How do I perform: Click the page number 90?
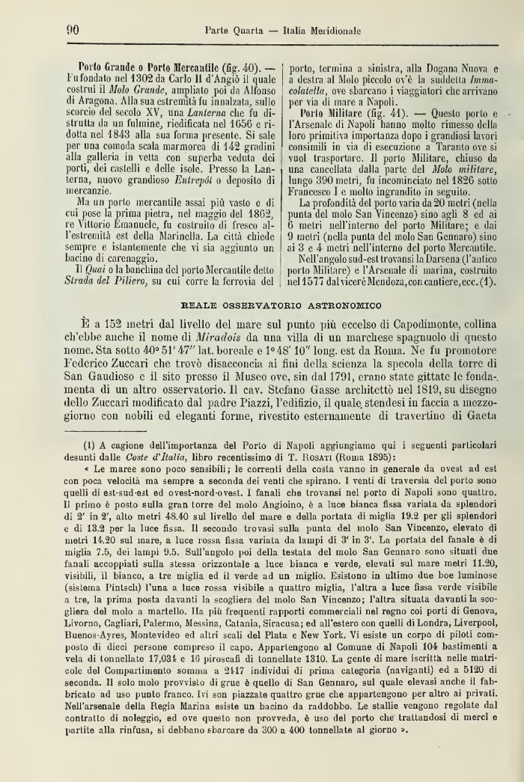pos(73,31)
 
